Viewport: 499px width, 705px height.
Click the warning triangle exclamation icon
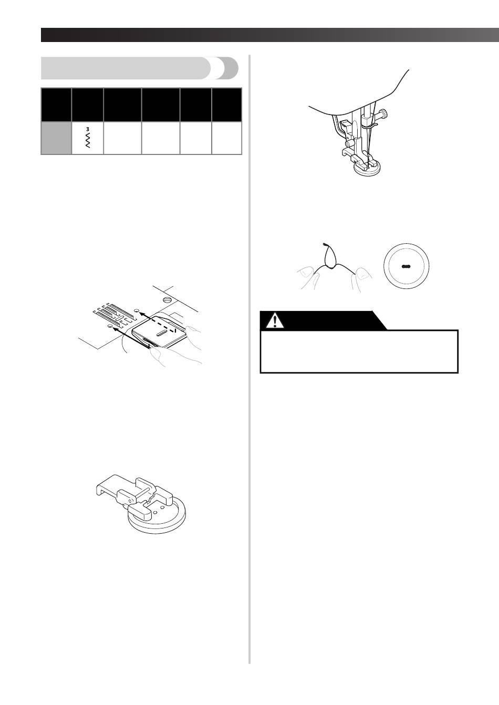tap(275, 321)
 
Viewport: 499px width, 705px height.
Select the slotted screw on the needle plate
tap(167, 299)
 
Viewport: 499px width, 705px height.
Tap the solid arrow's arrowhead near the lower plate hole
tap(115, 329)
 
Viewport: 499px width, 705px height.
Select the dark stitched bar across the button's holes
tap(406, 266)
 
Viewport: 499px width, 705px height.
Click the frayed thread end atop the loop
tap(325, 244)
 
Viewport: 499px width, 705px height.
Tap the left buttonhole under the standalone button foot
tap(155, 512)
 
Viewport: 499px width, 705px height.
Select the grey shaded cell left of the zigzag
tap(56, 138)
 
